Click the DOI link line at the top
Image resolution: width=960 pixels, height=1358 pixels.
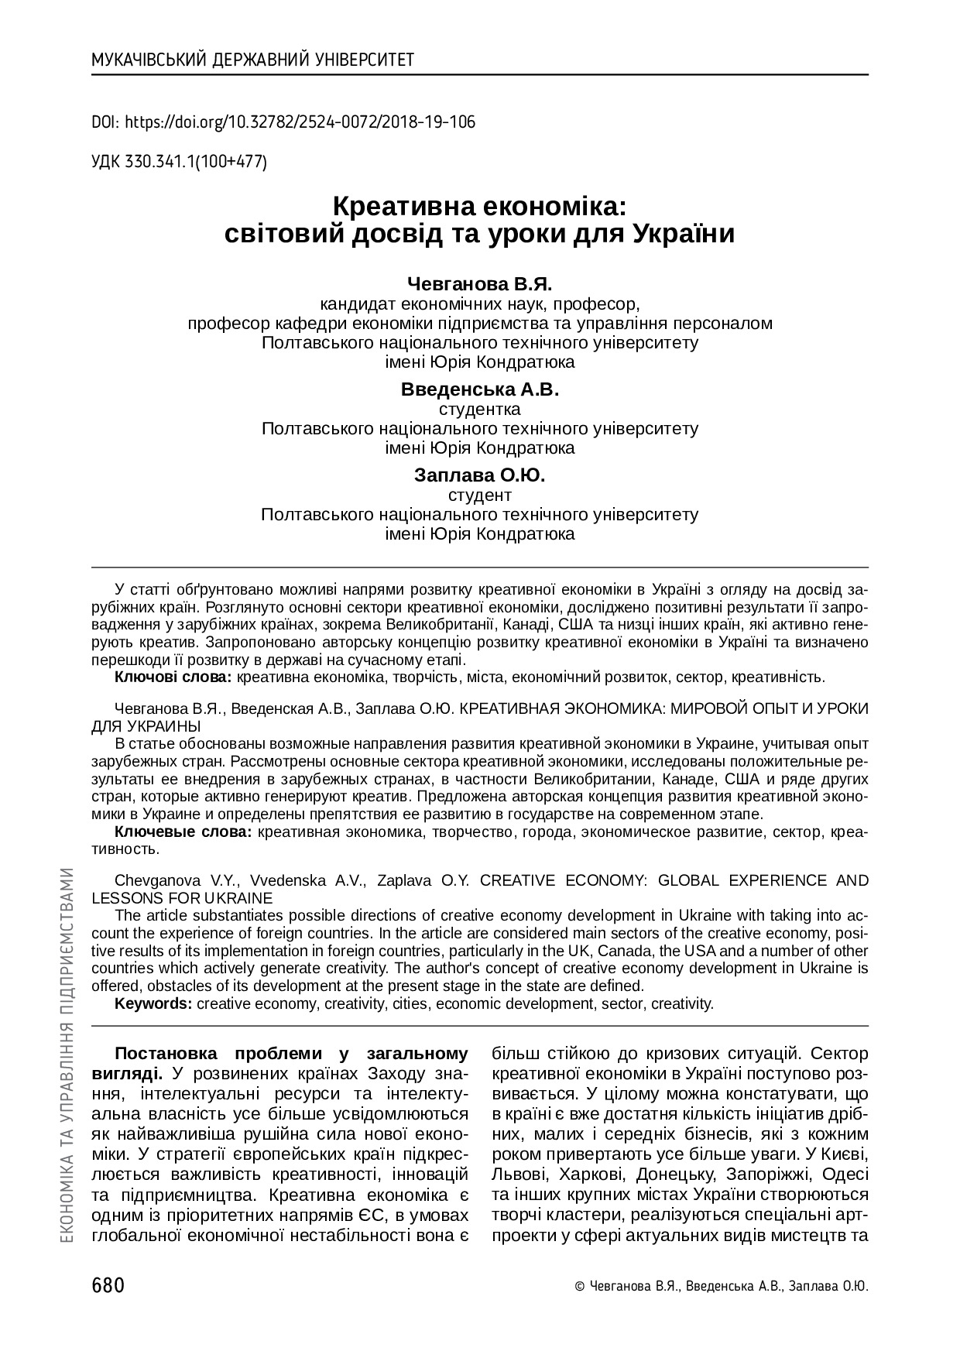click(283, 122)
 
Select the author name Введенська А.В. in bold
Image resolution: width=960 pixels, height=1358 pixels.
click(479, 389)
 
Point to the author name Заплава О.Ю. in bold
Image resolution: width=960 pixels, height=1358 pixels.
click(479, 475)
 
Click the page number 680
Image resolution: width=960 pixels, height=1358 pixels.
click(108, 1286)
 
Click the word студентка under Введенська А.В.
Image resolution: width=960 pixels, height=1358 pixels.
click(479, 409)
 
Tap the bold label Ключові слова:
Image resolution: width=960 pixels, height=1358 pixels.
click(173, 677)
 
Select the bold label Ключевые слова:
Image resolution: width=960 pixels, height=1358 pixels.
click(183, 832)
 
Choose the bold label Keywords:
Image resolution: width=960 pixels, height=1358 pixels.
click(153, 1004)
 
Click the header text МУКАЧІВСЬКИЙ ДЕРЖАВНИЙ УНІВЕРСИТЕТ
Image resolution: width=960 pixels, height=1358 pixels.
click(252, 60)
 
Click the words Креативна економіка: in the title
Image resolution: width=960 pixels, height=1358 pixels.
click(479, 207)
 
